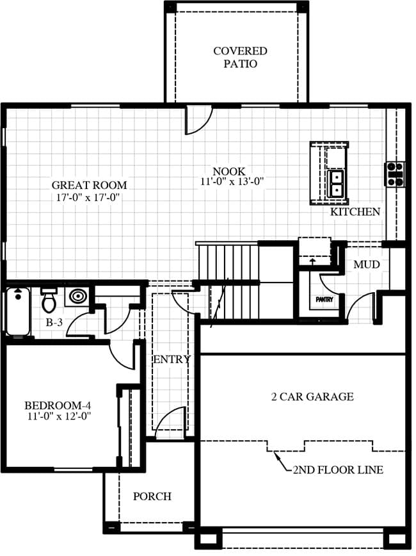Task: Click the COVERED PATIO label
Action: click(240, 57)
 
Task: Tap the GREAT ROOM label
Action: click(90, 185)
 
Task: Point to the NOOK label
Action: click(229, 171)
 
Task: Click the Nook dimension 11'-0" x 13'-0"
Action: click(232, 181)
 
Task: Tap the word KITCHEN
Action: click(355, 211)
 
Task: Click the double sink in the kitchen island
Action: click(335, 184)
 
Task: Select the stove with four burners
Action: click(395, 174)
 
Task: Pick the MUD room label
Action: click(367, 265)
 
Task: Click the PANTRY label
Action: click(324, 300)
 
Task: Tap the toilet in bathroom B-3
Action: click(49, 300)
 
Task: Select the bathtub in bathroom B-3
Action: click(18, 311)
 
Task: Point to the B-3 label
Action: click(54, 322)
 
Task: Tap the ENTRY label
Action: click(172, 359)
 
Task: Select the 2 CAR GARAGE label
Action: click(312, 397)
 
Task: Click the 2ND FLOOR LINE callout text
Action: click(338, 470)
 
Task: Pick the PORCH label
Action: click(152, 496)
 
